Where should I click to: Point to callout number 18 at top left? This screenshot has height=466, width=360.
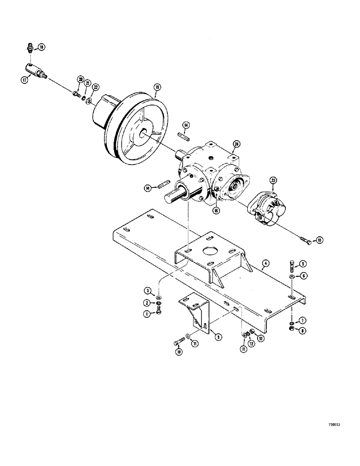42,47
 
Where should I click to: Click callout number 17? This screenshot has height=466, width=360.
25,80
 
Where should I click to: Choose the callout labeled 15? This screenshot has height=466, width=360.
319,240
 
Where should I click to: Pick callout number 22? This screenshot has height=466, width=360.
95,87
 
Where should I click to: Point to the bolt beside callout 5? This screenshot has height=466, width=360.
291,265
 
